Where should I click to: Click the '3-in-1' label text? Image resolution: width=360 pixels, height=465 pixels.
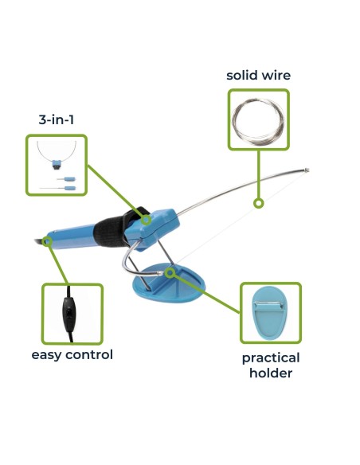[56, 119]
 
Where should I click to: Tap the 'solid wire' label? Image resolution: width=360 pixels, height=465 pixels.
[258, 76]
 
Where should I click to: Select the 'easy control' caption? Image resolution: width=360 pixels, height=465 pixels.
[72, 354]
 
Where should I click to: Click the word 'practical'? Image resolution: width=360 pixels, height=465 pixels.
[271, 358]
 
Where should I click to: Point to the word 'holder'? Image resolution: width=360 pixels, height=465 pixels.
[271, 373]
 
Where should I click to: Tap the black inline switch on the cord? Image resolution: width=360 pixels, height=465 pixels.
[69, 314]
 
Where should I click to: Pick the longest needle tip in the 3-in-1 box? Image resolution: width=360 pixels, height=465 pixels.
[57, 188]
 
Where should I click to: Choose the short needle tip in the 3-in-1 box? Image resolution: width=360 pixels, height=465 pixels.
[66, 179]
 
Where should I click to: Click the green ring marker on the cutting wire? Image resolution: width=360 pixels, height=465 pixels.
[259, 204]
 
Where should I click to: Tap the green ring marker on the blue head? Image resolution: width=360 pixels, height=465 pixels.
[146, 220]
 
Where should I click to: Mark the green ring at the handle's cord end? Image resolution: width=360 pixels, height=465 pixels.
[47, 241]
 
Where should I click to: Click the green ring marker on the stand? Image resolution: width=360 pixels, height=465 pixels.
[170, 273]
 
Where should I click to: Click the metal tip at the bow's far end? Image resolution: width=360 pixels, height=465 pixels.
[307, 170]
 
